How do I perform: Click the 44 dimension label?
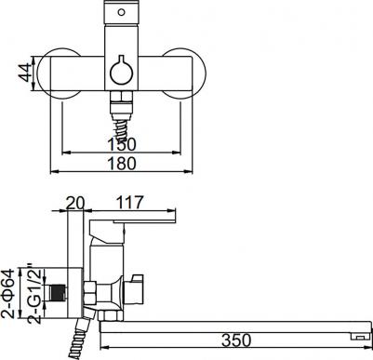point(25,73)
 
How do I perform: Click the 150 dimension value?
point(122,144)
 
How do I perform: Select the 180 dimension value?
point(122,163)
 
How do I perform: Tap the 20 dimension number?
point(75,203)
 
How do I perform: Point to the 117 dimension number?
point(129,202)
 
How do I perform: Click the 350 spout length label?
point(236,340)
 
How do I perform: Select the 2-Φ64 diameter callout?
point(8,294)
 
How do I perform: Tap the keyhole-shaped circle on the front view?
point(121,73)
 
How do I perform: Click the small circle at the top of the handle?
point(122,12)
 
